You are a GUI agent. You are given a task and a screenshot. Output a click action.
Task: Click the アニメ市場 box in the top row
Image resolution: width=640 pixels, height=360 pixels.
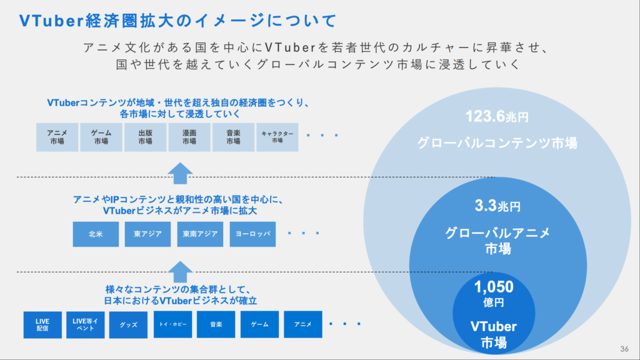[x=57, y=137]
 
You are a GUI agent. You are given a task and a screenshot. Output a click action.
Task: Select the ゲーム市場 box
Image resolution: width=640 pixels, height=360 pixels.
[x=101, y=137]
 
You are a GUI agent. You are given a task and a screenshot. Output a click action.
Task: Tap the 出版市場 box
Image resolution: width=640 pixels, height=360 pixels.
[x=145, y=137]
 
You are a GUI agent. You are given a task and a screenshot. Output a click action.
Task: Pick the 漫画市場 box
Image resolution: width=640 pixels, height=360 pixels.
[x=189, y=137]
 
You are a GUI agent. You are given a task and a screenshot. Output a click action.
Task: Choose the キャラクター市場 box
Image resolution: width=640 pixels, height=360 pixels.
[x=277, y=137]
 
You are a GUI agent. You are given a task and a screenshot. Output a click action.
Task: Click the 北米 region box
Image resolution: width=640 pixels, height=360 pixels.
[x=96, y=234]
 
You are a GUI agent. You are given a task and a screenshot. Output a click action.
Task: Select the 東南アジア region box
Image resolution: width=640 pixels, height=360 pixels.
[x=200, y=234]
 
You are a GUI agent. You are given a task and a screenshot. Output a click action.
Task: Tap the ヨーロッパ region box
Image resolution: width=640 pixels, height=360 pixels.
[x=252, y=234]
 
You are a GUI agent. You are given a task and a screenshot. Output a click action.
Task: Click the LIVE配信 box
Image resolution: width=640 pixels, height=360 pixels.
[x=42, y=325]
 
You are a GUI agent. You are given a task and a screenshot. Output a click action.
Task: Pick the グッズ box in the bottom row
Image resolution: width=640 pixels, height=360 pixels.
[x=128, y=325]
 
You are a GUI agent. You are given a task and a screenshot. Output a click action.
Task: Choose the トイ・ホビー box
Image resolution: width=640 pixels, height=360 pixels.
[x=172, y=324]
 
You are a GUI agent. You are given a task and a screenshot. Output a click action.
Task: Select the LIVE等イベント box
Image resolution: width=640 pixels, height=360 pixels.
[x=85, y=325]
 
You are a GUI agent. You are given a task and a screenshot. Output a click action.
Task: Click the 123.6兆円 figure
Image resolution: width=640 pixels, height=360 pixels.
[x=497, y=117]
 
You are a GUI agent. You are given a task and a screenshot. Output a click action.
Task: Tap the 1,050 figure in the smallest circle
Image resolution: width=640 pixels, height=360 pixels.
[x=494, y=287]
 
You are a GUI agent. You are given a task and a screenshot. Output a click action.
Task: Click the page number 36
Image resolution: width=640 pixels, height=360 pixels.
[x=624, y=349]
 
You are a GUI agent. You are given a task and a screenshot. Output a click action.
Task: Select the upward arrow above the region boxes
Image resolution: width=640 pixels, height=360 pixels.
[x=180, y=173]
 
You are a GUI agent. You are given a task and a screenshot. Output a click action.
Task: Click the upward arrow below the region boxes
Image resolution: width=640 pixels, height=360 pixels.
[x=180, y=272]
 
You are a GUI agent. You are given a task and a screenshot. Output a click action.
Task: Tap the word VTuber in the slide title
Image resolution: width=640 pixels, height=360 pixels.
[x=51, y=21]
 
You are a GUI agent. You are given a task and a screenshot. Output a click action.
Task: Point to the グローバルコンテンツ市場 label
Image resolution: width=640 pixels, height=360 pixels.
[x=497, y=143]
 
